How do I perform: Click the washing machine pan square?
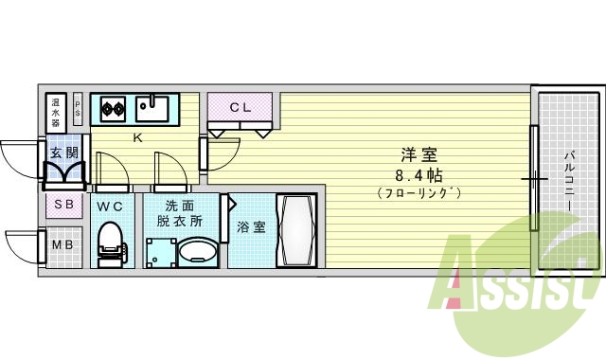[161, 252]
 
